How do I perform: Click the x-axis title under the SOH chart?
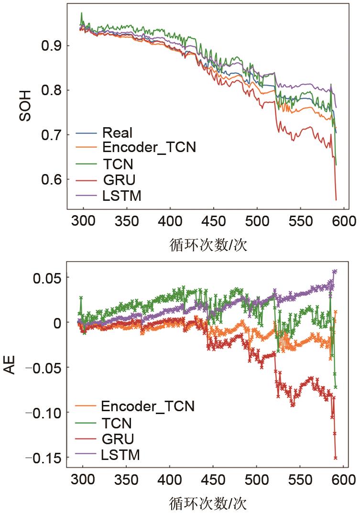[x=208, y=244]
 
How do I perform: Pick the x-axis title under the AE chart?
[x=208, y=503]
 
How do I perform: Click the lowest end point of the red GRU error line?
[x=336, y=458]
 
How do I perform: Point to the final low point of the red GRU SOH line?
[x=336, y=199]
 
